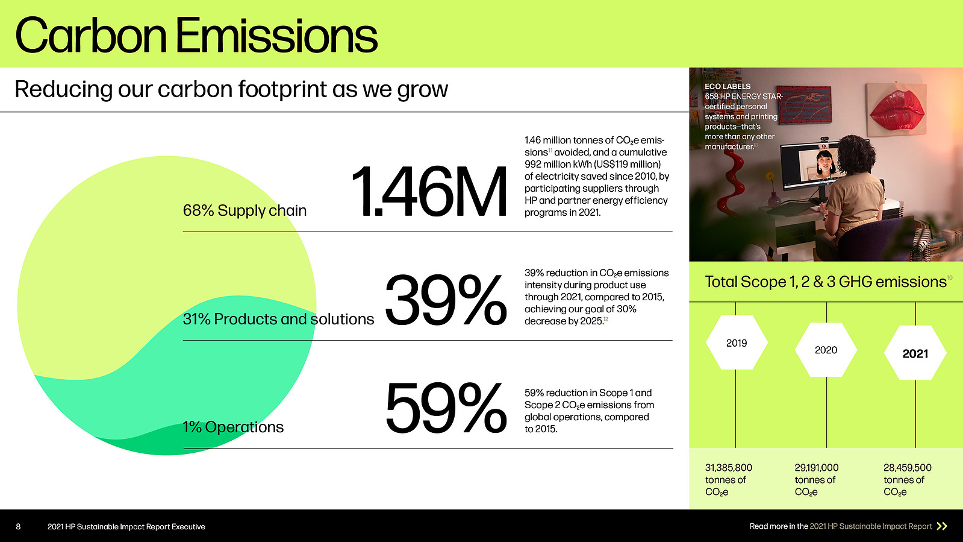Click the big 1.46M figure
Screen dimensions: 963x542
click(429, 192)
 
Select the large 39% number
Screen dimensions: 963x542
click(446, 300)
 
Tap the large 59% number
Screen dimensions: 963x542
click(446, 408)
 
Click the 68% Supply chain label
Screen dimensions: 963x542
click(245, 210)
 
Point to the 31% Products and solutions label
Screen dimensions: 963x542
click(278, 319)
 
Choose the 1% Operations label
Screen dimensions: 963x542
click(233, 427)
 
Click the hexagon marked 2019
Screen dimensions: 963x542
click(737, 342)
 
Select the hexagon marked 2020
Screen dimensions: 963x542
click(826, 350)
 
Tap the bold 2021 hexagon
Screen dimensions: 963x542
click(915, 353)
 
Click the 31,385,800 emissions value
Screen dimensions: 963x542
click(729, 467)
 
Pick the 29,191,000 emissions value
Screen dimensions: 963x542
click(817, 467)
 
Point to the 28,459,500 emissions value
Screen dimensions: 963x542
click(908, 467)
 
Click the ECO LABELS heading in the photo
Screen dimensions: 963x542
click(728, 87)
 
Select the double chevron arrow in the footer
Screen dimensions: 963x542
click(942, 526)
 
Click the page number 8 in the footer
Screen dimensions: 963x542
click(18, 526)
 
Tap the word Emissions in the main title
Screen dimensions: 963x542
click(276, 36)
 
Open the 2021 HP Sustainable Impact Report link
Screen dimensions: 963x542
click(871, 526)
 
